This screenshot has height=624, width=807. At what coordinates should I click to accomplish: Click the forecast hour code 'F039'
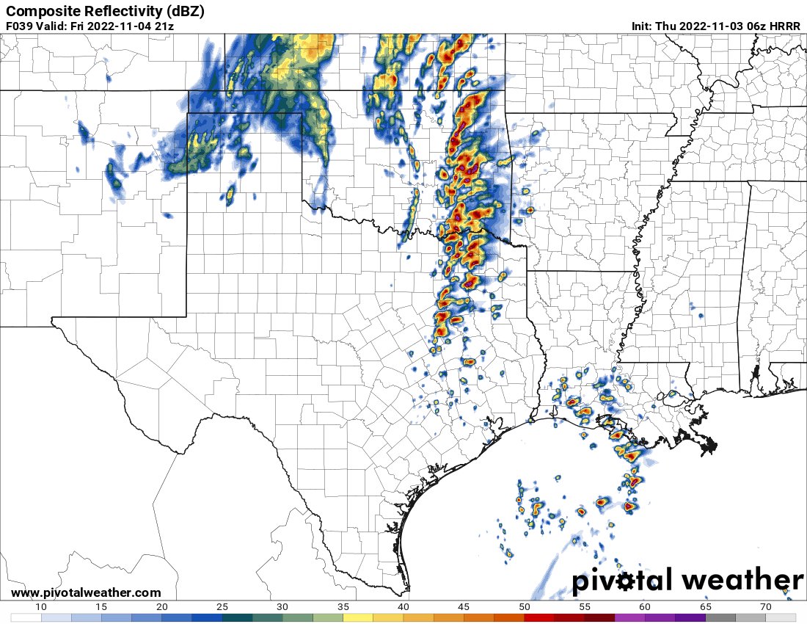point(19,26)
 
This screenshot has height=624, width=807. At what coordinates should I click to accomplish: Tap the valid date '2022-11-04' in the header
point(116,26)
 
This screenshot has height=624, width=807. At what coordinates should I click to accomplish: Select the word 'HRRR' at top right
point(786,26)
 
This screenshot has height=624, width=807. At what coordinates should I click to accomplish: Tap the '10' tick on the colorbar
point(41,606)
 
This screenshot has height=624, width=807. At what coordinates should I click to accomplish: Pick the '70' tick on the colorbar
point(767,606)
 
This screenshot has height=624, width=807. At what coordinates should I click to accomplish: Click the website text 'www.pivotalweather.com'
point(86,592)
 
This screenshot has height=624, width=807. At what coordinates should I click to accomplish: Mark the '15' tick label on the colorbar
point(102,606)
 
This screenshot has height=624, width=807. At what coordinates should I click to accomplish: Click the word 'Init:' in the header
point(643,26)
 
